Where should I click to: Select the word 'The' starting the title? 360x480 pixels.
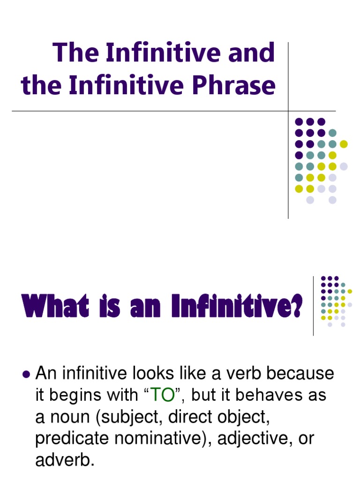click(72, 52)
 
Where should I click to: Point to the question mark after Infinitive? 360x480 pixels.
click(296, 307)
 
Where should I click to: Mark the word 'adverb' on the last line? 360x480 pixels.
click(62, 460)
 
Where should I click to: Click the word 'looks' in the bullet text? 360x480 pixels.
click(134, 374)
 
